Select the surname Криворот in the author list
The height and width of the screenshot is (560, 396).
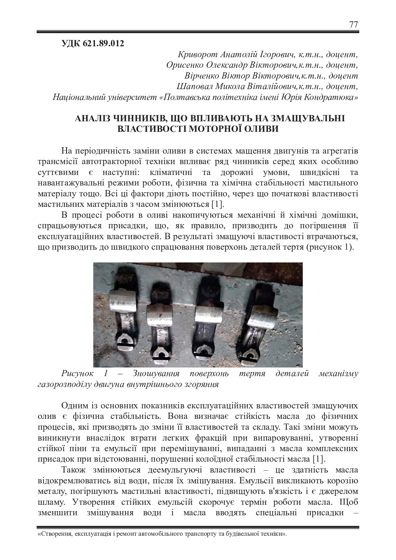point(195,55)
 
